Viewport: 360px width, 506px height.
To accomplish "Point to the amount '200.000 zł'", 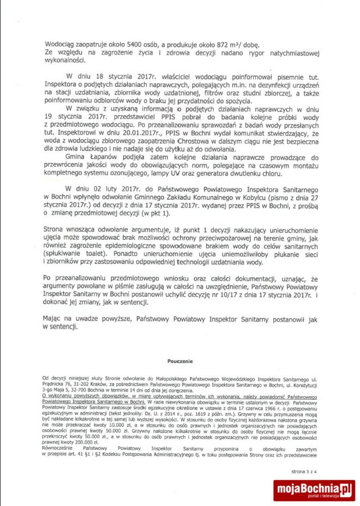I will pos(83,442).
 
